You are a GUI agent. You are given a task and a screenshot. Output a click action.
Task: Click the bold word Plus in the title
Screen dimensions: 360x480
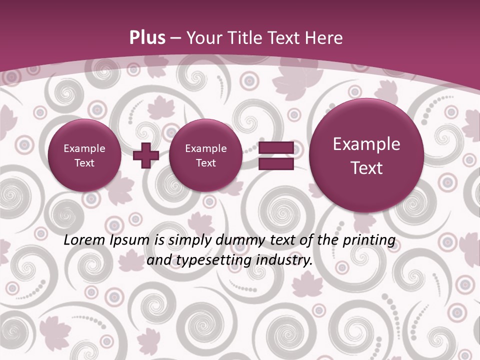pyautogui.click(x=147, y=38)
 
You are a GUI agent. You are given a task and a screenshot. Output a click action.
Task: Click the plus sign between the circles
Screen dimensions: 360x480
pyautogui.click(x=146, y=155)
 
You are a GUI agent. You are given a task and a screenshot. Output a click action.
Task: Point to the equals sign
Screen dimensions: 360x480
pyautogui.click(x=275, y=155)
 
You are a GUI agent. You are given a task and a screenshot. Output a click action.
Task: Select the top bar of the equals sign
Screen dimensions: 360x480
pyautogui.click(x=275, y=148)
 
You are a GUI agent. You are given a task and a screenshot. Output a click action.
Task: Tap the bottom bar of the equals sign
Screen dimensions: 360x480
pyautogui.click(x=275, y=163)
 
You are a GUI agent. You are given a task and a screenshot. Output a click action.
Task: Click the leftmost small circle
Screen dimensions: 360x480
pyautogui.click(x=84, y=155)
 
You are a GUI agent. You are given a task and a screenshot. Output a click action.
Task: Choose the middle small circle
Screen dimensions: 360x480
pyautogui.click(x=205, y=155)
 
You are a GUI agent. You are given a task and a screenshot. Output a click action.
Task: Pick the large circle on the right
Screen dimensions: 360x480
pyautogui.click(x=366, y=155)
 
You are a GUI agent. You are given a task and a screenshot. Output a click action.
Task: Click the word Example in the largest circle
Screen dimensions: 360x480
pyautogui.click(x=366, y=144)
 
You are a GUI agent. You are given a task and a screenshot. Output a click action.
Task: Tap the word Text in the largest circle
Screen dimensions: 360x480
pyautogui.click(x=366, y=168)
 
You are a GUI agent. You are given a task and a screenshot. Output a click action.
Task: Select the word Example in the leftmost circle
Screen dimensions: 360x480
pyautogui.click(x=84, y=148)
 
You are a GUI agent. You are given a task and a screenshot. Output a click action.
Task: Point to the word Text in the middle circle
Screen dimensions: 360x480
pyautogui.click(x=205, y=163)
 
